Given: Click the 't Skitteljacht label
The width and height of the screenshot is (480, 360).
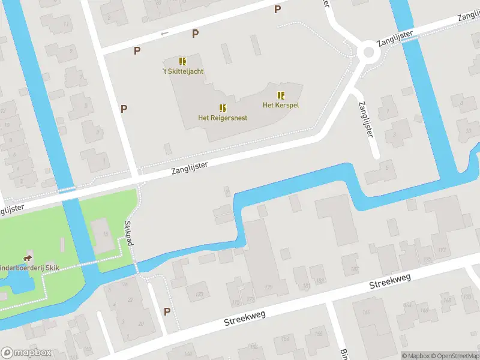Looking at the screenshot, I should pyautogui.click(x=182, y=71).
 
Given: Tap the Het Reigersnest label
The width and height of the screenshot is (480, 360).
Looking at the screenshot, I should pyautogui.click(x=223, y=118).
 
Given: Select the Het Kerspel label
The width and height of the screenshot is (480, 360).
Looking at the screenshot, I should pyautogui.click(x=281, y=106).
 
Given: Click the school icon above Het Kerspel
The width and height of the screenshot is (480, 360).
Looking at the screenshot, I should pyautogui.click(x=281, y=95).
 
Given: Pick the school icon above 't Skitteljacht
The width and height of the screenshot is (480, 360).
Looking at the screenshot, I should pyautogui.click(x=182, y=61).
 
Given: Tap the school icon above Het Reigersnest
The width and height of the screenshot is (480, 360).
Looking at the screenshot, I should pyautogui.click(x=223, y=108).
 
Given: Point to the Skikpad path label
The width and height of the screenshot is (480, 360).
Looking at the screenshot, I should pyautogui.click(x=128, y=233).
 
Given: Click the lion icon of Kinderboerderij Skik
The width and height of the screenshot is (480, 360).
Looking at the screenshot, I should pyautogui.click(x=28, y=259).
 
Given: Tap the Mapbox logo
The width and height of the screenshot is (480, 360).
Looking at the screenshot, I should pyautogui.click(x=26, y=353).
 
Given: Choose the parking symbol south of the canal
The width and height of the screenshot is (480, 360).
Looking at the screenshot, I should pyautogui.click(x=167, y=311).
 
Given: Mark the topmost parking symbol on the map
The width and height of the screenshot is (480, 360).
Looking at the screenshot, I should pyautogui.click(x=277, y=9).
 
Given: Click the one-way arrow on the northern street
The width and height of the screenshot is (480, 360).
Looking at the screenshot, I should pyautogui.click(x=164, y=34).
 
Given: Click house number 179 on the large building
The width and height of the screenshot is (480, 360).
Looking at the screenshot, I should pyautogui.click(x=268, y=289).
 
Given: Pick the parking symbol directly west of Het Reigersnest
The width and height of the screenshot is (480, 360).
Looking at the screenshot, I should pyautogui.click(x=124, y=109).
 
